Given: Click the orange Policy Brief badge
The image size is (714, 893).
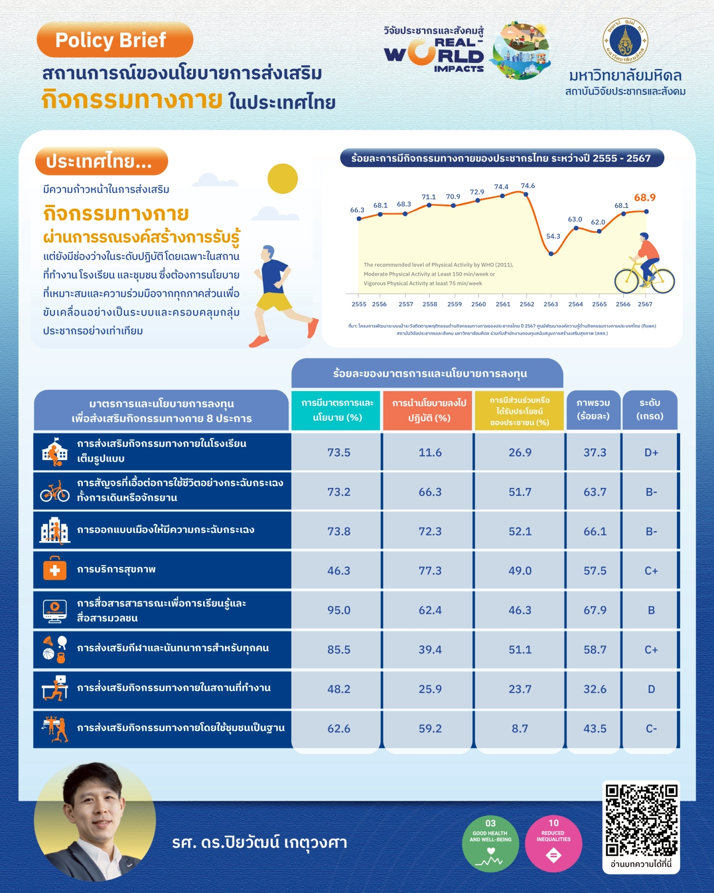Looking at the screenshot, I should click(x=115, y=40).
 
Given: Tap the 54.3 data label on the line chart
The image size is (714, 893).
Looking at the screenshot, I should click(x=553, y=236).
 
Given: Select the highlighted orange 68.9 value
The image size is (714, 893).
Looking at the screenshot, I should click(x=645, y=198).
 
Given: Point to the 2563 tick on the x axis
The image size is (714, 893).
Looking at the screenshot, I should click(x=551, y=304).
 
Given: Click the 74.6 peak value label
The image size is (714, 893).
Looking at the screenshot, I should click(x=527, y=186).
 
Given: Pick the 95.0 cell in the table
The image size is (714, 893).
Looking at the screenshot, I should click(x=339, y=610).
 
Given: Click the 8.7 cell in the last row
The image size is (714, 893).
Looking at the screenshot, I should click(x=520, y=729).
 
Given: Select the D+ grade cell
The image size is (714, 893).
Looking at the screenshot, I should click(x=651, y=453).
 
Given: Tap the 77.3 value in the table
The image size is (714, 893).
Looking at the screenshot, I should click(x=430, y=571).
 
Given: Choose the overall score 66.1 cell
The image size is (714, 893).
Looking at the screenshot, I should click(x=595, y=532).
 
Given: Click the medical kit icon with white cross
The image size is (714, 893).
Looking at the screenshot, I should click(x=55, y=569).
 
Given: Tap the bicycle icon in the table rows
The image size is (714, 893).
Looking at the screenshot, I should click(x=55, y=491).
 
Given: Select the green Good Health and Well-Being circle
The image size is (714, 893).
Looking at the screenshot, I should click(x=490, y=844).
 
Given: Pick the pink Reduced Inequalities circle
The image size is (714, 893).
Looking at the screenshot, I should click(x=553, y=844).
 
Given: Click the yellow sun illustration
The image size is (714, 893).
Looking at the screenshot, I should click(x=282, y=179).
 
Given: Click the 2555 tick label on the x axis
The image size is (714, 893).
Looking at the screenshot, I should click(x=359, y=304).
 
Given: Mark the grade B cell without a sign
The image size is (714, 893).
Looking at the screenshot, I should click(x=651, y=610).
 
